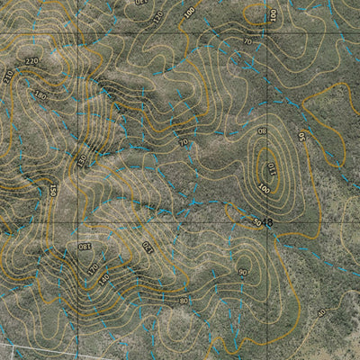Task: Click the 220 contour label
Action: [33, 60]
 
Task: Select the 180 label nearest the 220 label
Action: [39, 94]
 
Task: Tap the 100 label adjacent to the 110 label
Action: [264, 188]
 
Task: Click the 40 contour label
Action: [321, 312]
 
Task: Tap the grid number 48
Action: [267, 220]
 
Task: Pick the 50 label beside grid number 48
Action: [256, 222]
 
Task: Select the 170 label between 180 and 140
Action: [93, 267]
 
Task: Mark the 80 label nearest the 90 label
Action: [184, 301]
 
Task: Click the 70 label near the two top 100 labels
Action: [247, 41]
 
